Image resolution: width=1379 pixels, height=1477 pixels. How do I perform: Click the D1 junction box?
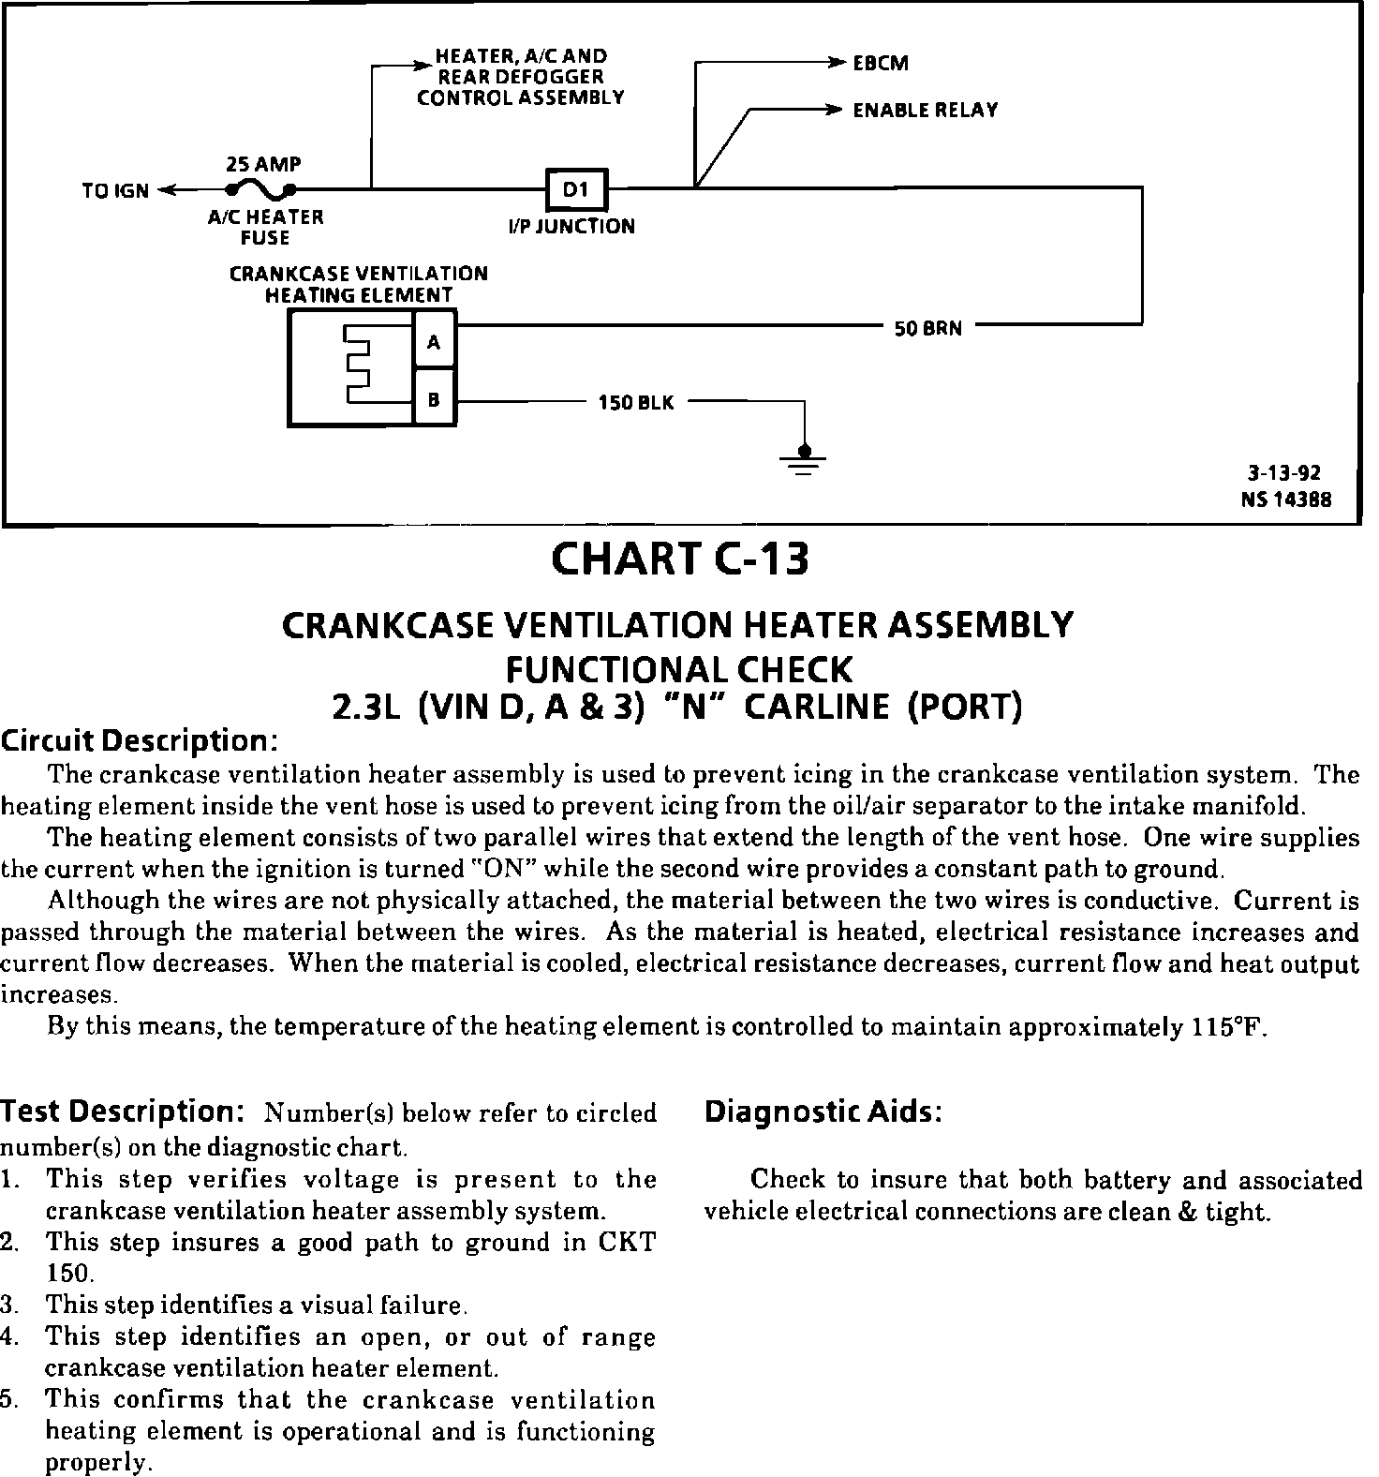click(x=577, y=190)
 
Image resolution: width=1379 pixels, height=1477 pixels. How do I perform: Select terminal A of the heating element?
click(x=434, y=342)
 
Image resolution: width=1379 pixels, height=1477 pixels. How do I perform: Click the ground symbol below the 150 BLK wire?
click(x=804, y=458)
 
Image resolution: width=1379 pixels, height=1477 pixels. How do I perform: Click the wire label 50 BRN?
click(x=927, y=329)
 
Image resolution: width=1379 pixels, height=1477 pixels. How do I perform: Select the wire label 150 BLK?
click(x=636, y=404)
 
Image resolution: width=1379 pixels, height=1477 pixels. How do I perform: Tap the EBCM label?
click(x=881, y=64)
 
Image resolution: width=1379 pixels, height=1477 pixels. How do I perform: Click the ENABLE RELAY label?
click(x=925, y=111)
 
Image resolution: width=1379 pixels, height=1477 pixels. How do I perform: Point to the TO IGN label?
click(x=115, y=191)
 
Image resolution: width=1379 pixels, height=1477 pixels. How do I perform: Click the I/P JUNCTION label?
click(x=571, y=226)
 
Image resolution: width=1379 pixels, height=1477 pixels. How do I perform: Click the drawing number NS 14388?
click(x=1286, y=500)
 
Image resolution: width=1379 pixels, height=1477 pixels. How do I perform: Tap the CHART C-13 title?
click(x=679, y=559)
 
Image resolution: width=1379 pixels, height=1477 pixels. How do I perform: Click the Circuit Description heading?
click(x=139, y=740)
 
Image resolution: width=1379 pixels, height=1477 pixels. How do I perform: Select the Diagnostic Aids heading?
click(x=823, y=1111)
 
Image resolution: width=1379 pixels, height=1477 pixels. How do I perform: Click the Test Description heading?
click(x=122, y=1111)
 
